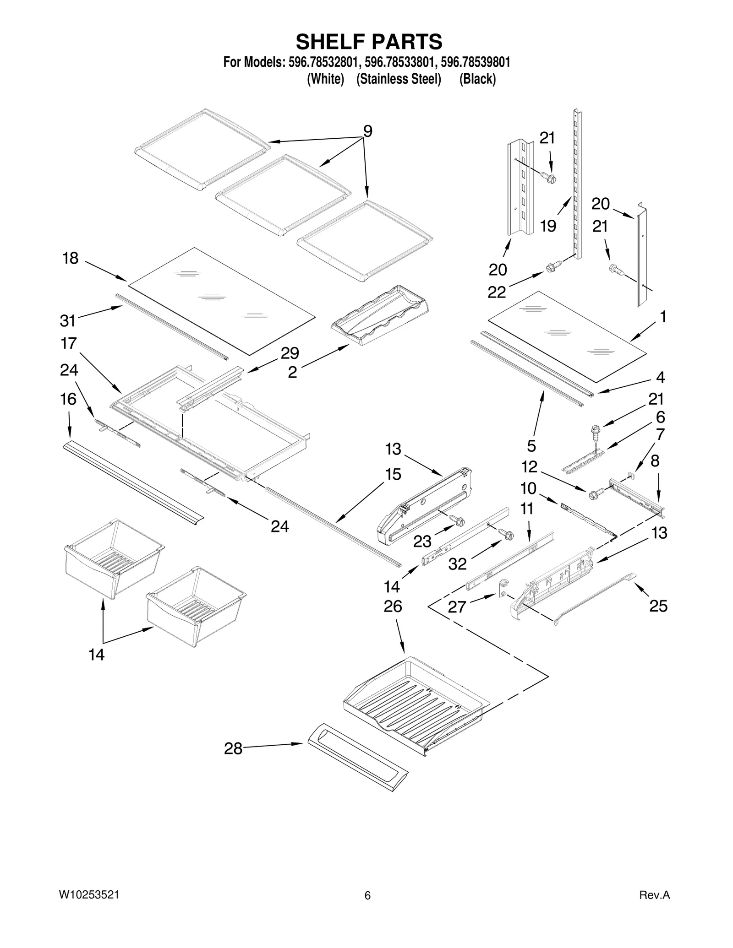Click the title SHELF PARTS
pos(369,42)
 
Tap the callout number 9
pos(367,131)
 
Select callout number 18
pos(71,259)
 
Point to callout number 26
pos(393,607)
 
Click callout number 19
pos(548,226)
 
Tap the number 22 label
pos(497,292)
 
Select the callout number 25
pos(658,606)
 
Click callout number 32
pos(457,564)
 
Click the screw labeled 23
pos(457,520)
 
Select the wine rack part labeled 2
pos(380,315)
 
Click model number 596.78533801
pos(398,62)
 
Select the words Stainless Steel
pos(399,79)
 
